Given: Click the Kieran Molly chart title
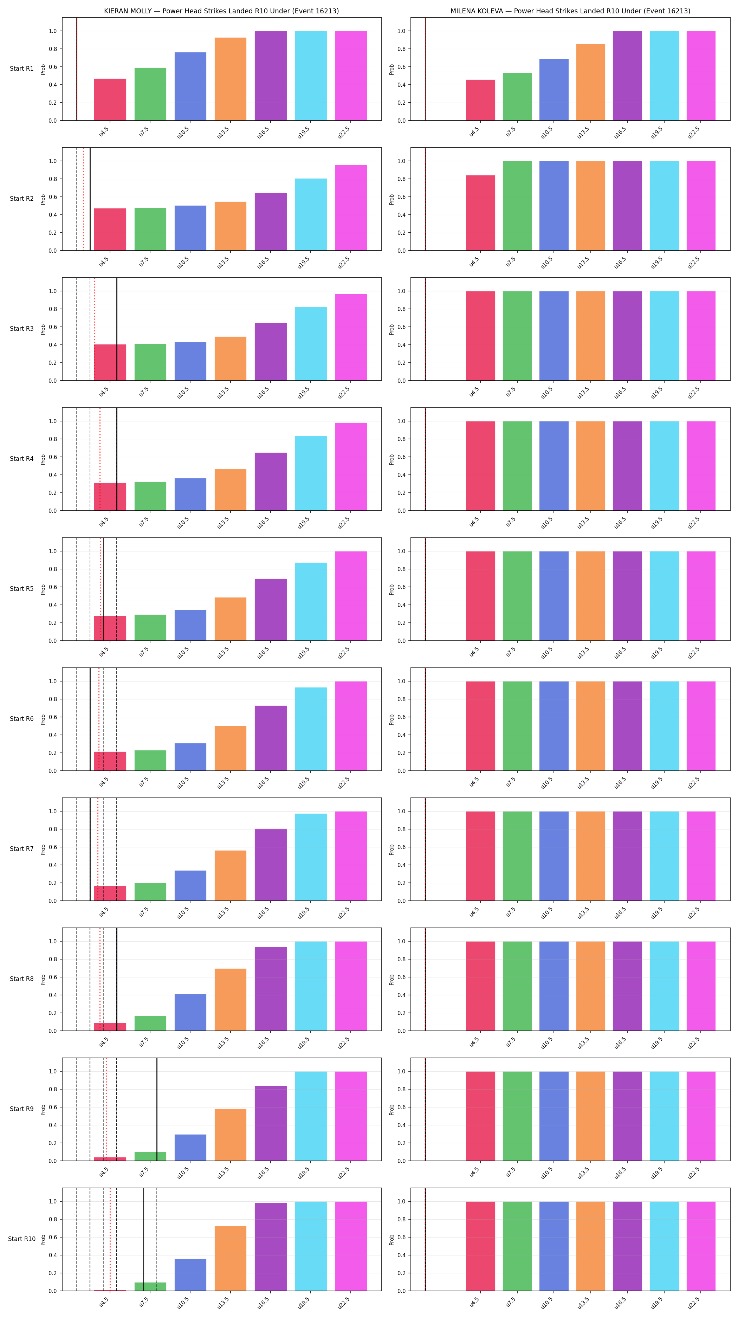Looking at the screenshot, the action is (x=221, y=11).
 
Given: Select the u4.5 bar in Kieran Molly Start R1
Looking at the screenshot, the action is (x=110, y=100).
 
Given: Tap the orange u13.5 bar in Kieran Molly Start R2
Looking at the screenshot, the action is (x=230, y=226).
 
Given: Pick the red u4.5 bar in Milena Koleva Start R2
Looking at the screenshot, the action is (x=480, y=213).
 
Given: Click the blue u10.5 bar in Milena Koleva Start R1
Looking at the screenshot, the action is (x=554, y=90).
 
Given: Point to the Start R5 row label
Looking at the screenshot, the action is (x=21, y=589).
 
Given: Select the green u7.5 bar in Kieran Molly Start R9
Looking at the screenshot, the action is (x=150, y=1156).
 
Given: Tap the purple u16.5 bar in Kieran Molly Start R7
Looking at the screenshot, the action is (x=271, y=865).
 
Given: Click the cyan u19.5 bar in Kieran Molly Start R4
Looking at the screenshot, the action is (x=310, y=473).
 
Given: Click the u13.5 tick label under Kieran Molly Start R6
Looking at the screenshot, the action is (x=223, y=782).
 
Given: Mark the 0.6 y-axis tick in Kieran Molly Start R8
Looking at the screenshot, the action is (x=53, y=977).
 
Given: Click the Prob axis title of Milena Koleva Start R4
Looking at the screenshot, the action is (x=392, y=459).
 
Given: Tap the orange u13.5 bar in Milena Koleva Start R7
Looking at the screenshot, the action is (x=591, y=856).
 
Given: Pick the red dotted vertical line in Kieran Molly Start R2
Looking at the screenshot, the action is (x=83, y=199).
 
